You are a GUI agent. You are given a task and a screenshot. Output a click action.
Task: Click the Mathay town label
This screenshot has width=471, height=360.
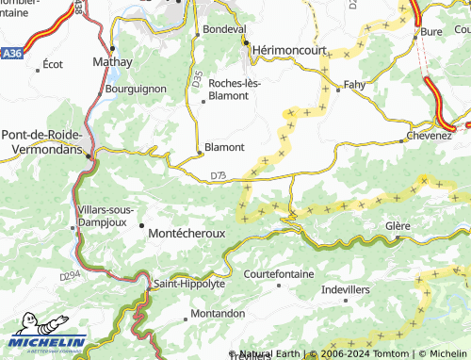coord(111,62)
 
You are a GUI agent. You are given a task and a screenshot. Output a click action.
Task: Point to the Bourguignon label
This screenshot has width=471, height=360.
coord(137,89)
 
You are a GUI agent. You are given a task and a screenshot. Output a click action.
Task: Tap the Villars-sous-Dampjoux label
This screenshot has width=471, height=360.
coord(104,216)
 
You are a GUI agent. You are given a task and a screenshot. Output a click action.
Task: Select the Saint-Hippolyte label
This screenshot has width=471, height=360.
coord(189,283)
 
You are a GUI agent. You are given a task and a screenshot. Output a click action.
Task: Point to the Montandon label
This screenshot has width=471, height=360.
coord(218,313)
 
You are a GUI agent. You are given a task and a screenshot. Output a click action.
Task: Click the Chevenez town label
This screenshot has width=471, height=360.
coord(430,136)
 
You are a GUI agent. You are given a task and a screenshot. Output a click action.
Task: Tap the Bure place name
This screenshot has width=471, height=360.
coord(431,32)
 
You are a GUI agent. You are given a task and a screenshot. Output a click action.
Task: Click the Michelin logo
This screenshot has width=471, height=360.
coord(47,341)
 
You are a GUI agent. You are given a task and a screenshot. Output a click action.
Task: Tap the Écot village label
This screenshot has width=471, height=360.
coord(53,65)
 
